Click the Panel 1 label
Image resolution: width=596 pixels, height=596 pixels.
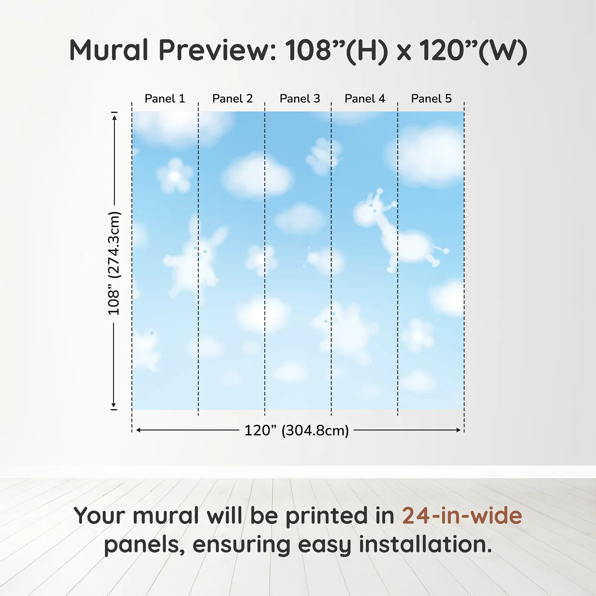(x=165, y=99)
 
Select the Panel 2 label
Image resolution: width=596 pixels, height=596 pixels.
(x=232, y=99)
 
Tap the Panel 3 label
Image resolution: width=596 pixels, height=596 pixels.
(x=300, y=99)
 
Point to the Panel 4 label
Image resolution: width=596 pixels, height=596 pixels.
(x=365, y=99)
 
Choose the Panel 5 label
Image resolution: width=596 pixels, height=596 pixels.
(x=431, y=99)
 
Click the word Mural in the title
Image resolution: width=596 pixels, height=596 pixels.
(x=109, y=50)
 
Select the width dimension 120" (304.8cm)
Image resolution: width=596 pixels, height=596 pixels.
(x=297, y=430)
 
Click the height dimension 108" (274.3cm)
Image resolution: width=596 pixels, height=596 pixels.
(x=113, y=263)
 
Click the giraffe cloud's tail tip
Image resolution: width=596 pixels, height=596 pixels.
(x=446, y=251)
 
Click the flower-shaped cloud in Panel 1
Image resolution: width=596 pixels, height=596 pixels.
(x=175, y=175)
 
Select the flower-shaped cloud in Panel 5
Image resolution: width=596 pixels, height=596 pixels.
(x=418, y=335)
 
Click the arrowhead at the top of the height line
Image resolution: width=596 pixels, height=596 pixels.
(x=115, y=118)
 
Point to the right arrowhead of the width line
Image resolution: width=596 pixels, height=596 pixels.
(x=458, y=430)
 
